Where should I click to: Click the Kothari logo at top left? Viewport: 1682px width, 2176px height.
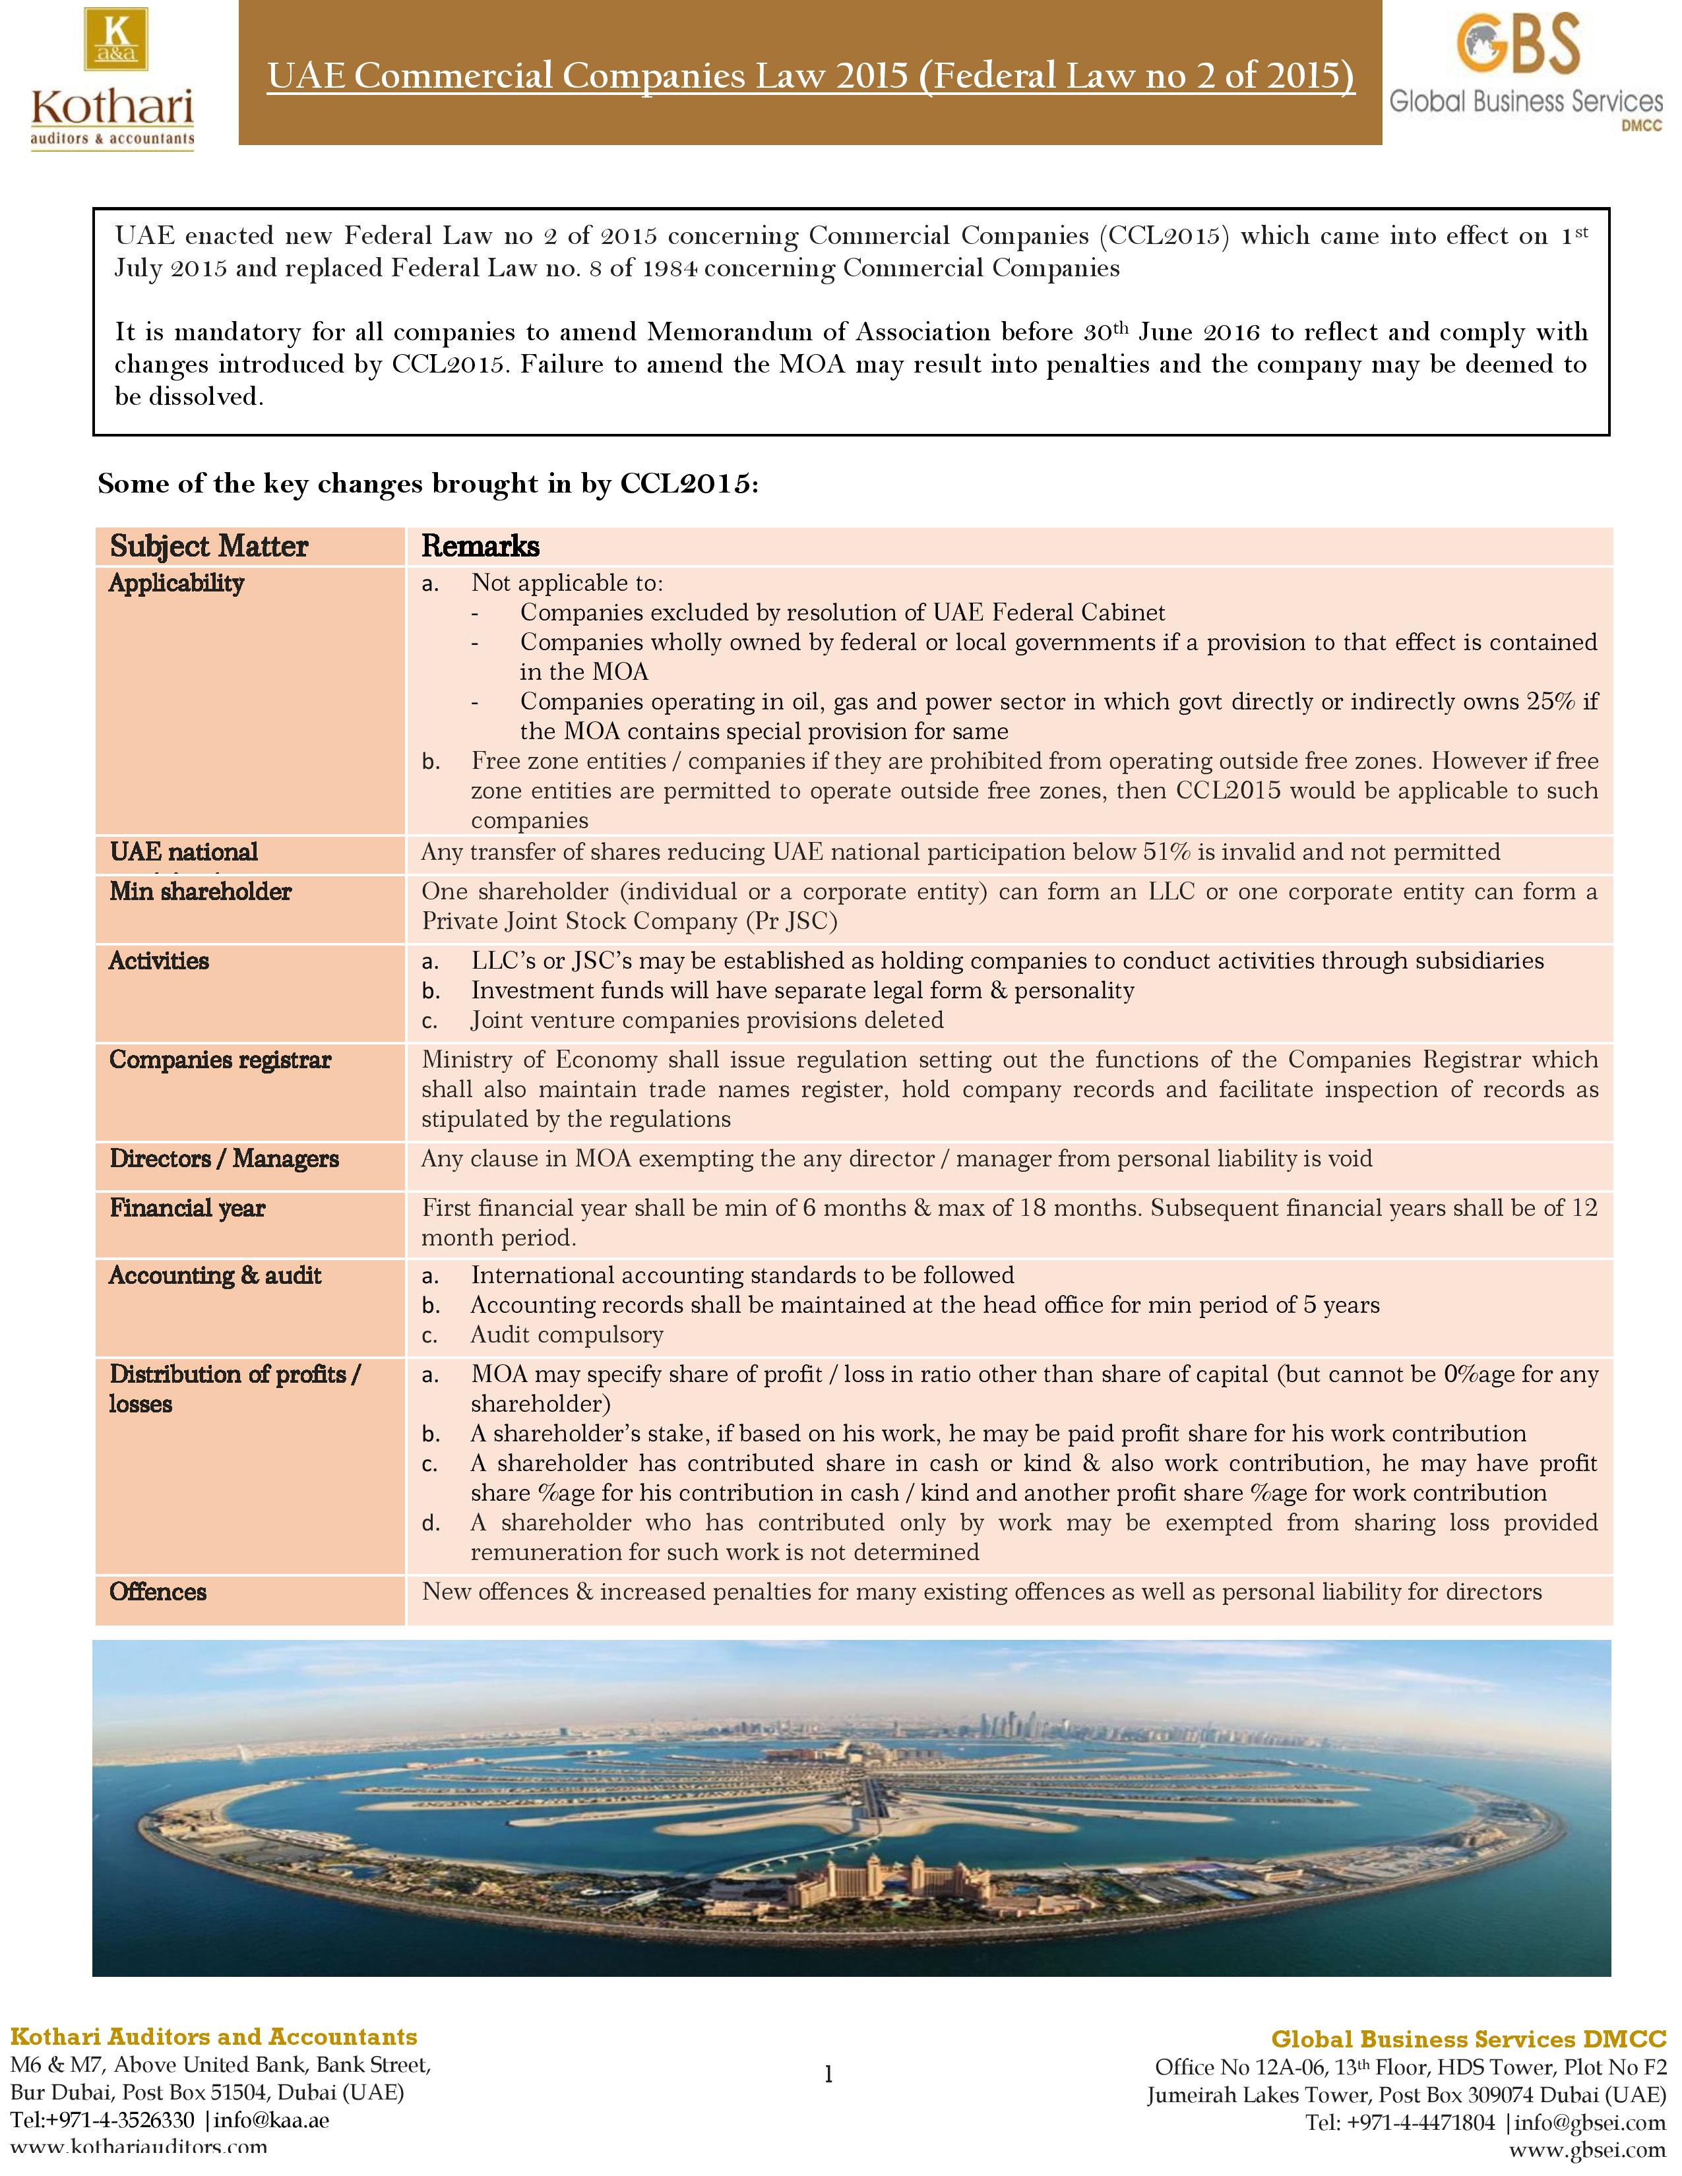click(111, 78)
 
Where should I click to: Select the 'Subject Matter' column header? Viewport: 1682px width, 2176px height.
click(208, 546)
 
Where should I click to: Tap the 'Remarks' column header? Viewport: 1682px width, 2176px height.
click(480, 546)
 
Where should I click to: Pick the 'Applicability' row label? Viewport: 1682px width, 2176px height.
click(176, 584)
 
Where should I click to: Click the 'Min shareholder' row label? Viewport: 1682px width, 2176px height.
click(201, 892)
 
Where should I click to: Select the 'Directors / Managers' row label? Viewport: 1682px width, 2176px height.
click(224, 1159)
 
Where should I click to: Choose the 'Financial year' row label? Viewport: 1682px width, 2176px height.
click(187, 1209)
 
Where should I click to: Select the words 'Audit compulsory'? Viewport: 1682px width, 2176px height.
click(567, 1335)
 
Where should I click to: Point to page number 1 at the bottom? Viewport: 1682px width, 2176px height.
click(828, 2075)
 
